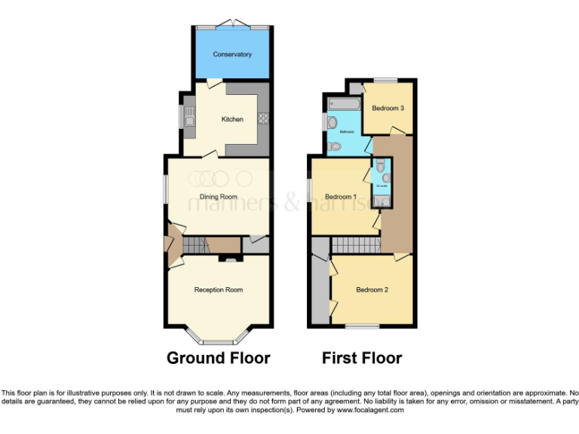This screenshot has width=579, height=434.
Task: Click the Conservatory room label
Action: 232,54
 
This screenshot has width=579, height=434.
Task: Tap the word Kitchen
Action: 232,119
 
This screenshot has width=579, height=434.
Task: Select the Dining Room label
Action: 219,197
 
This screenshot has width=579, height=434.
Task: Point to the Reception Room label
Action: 219,289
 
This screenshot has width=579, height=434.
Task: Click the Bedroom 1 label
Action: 341,197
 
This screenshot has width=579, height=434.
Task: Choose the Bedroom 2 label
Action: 372,289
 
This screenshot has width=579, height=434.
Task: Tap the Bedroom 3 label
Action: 388,108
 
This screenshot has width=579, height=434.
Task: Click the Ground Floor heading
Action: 219,358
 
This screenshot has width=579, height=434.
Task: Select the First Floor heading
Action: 362,358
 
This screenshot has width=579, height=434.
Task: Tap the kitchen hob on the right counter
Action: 263,118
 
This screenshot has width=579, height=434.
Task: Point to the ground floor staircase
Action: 195,245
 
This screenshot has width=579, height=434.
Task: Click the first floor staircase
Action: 357,245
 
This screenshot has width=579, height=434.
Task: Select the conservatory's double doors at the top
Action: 232,24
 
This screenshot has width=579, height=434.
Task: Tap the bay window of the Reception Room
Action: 219,338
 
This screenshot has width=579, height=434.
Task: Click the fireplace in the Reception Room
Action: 228,258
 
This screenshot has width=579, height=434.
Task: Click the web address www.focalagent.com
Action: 370,411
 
